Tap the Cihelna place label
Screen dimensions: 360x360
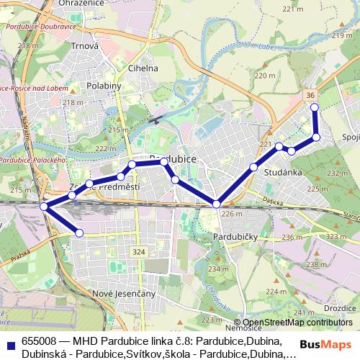pos(143,68)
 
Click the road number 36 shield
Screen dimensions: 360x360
pos(310,94)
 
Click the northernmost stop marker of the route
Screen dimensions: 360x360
pos(314,107)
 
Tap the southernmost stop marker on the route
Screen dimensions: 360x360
pos(79,232)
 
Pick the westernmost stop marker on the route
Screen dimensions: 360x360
pos(44,207)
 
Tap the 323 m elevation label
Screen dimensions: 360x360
pos(336,236)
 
